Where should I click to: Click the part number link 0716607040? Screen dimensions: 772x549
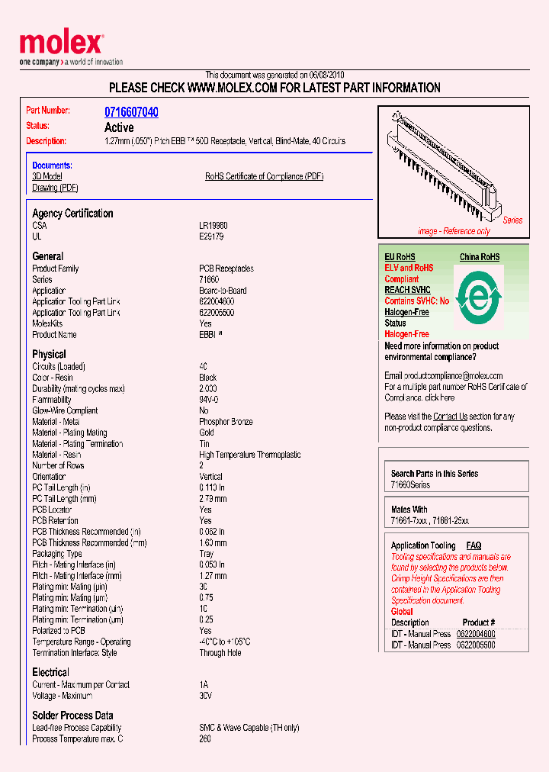coord(131,112)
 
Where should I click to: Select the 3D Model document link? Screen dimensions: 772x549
coord(47,176)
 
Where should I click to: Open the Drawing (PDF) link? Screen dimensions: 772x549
coord(55,188)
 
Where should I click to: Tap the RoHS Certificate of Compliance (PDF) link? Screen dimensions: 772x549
coord(264,176)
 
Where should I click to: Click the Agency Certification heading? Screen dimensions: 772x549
coord(72,214)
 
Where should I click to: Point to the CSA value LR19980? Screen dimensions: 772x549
coord(213,227)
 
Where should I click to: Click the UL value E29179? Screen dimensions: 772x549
coord(211,237)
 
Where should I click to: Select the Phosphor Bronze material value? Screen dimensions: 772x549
coord(226,422)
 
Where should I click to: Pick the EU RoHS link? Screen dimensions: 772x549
coord(400,257)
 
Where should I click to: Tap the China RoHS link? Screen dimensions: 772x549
coord(479,257)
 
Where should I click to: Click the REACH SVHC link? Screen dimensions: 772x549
coord(407,290)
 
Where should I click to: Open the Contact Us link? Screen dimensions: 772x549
coord(450,417)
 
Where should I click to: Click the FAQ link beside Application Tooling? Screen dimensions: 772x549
coord(474,545)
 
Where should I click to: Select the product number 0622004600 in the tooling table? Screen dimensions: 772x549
coord(475,634)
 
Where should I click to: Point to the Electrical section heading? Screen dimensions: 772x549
coord(50,672)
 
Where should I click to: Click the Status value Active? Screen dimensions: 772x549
coord(119,127)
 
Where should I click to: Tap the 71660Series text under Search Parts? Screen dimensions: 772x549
coord(410,485)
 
